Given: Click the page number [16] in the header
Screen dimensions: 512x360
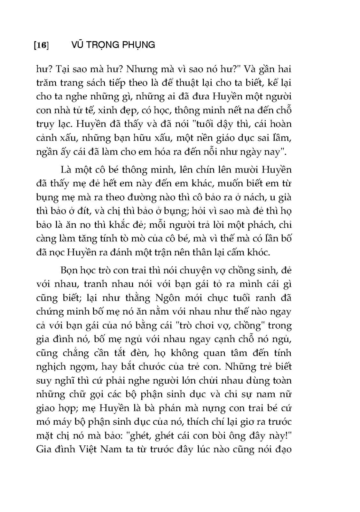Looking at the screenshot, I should pyautogui.click(x=41, y=45).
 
